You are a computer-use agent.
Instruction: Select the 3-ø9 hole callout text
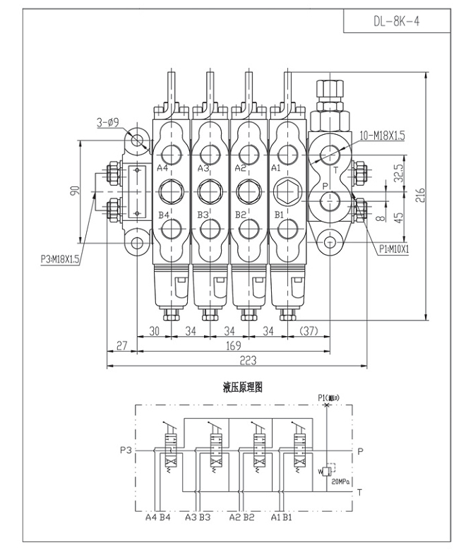pos(109,123)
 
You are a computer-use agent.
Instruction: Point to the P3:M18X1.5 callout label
pos(60,260)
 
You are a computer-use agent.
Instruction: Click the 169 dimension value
pos(232,346)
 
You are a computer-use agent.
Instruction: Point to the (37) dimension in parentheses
pos(309,330)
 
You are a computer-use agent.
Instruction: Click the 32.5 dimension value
pos(399,173)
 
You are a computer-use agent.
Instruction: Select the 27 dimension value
pos(121,346)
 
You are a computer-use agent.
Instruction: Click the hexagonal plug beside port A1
pos(287,191)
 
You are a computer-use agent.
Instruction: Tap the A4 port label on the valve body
pos(162,168)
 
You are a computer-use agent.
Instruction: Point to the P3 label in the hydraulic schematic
pos(126,450)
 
